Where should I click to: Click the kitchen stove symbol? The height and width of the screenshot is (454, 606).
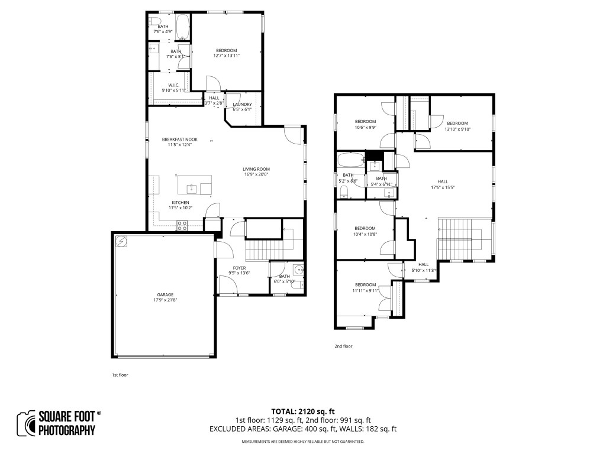click(x=182, y=225)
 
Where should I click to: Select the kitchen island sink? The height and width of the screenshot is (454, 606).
click(x=192, y=189)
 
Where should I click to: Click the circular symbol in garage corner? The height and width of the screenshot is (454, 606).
click(x=121, y=241)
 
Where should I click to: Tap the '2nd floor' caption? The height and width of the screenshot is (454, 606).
click(x=343, y=346)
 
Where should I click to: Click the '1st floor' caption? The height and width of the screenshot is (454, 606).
click(x=120, y=375)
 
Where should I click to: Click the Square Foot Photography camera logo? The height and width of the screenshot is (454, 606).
click(x=26, y=423)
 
